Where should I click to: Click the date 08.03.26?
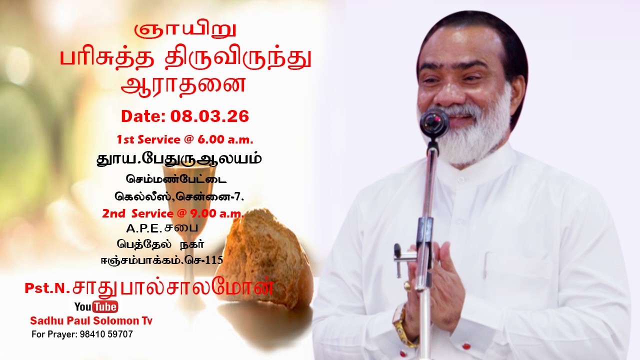tap(209, 116)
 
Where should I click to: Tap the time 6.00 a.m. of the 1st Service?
tap(219, 139)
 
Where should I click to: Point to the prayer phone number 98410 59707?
tap(106, 334)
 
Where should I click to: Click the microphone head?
tap(433, 121)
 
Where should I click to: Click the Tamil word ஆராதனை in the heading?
tap(183, 83)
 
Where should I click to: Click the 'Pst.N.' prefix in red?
tap(47, 288)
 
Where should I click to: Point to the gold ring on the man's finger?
tap(407, 286)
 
